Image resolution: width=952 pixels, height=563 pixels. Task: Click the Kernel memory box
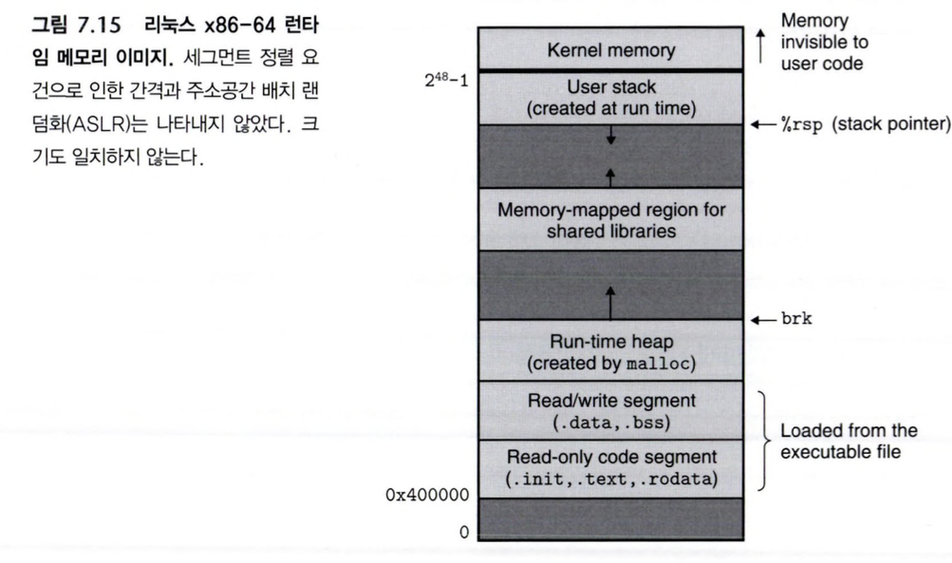pos(610,48)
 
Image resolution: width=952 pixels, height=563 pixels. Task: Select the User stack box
pos(610,97)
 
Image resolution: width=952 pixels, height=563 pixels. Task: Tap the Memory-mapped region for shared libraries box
pos(610,219)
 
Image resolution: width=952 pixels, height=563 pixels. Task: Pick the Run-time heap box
pos(610,350)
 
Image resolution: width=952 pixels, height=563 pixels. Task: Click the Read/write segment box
pos(610,409)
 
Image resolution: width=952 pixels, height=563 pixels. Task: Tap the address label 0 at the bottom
pos(465,532)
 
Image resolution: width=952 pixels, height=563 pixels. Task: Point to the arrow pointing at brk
pos(763,321)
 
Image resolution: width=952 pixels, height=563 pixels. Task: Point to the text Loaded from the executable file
pos(841,440)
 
